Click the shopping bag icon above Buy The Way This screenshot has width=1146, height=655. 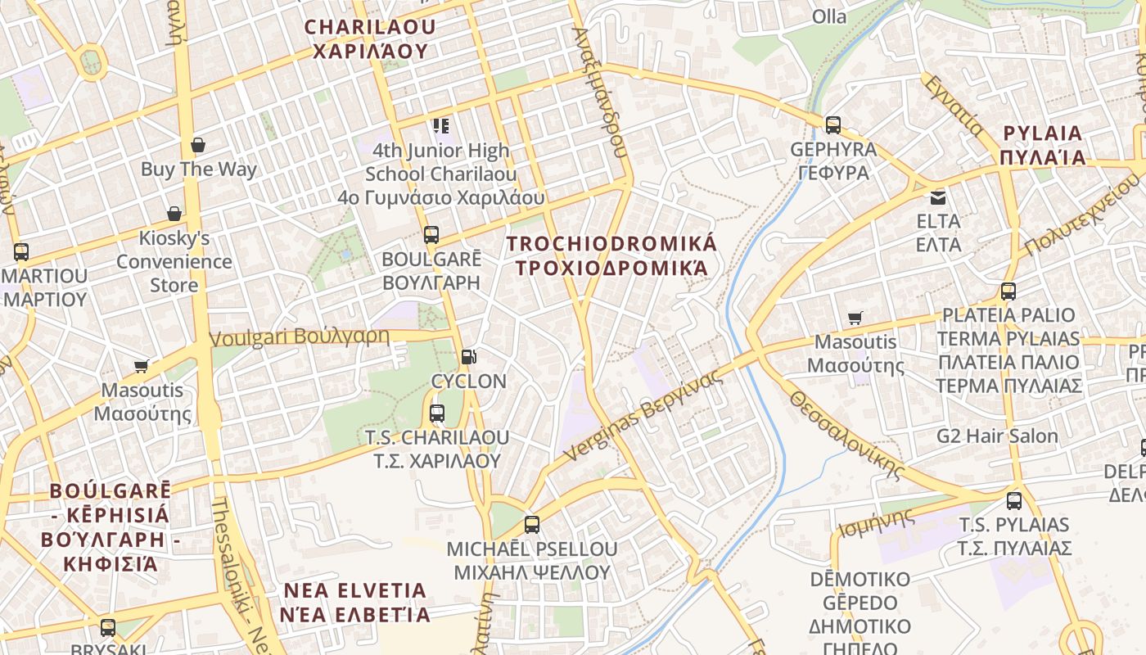(197, 146)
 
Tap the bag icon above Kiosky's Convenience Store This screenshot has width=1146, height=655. (174, 215)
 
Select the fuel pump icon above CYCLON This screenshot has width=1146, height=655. (468, 356)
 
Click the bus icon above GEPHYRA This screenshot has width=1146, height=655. (832, 125)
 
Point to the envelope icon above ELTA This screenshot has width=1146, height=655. (937, 197)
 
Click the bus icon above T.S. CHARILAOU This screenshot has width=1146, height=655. (436, 413)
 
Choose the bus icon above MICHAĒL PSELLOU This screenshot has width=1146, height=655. (532, 525)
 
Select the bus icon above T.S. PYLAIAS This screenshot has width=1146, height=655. (1014, 501)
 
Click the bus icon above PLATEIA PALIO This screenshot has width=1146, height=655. (1008, 291)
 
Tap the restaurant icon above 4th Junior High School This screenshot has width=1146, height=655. (441, 126)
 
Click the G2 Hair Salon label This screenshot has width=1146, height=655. (997, 436)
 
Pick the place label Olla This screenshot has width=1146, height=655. (828, 16)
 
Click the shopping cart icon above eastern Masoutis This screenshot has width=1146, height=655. (855, 318)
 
